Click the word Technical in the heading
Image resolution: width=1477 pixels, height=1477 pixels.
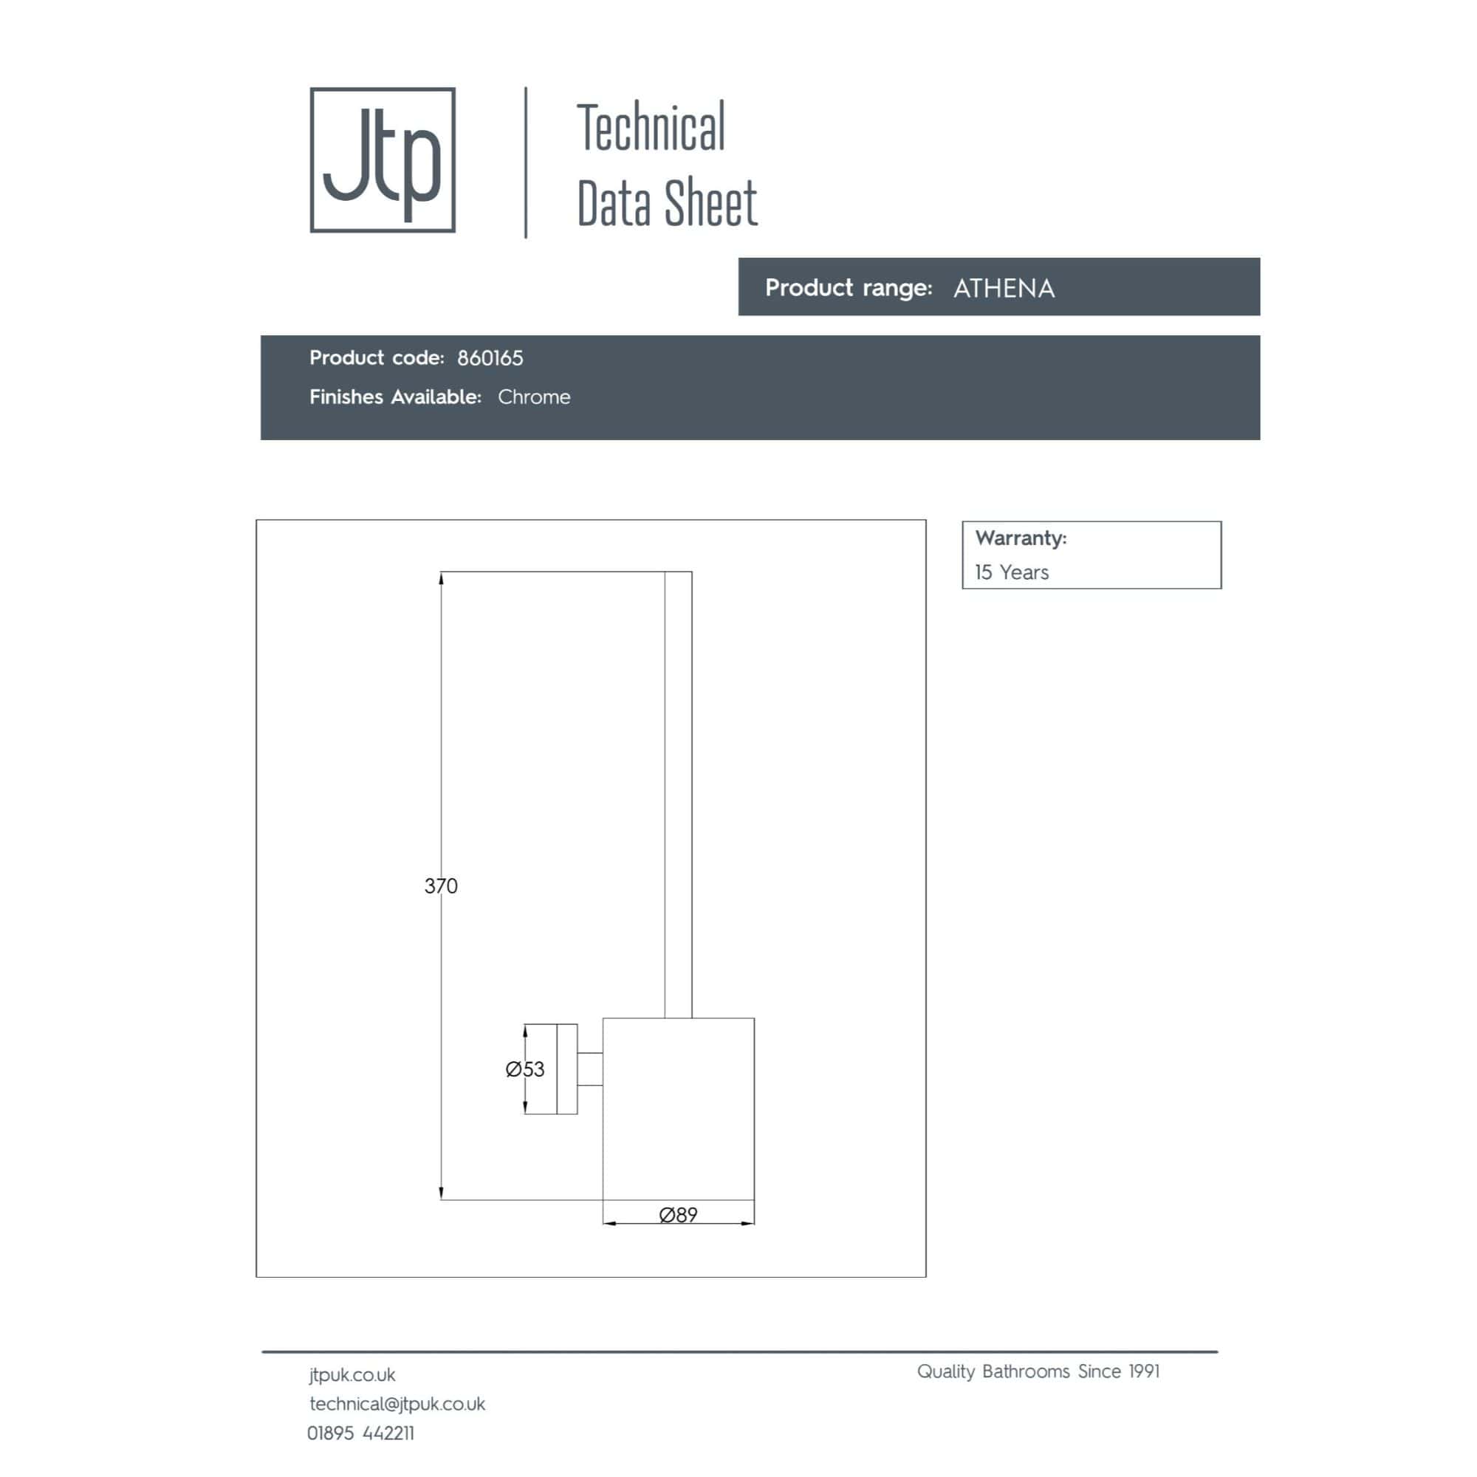[651, 128]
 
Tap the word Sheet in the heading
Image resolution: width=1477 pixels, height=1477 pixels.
[711, 203]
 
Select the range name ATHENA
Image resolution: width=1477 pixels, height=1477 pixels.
[1004, 288]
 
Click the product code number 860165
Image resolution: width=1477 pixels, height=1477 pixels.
[490, 357]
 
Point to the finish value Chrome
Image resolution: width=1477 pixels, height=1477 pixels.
[534, 397]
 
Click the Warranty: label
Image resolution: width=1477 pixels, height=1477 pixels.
[1021, 538]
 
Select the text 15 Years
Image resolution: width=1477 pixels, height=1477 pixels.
[1012, 572]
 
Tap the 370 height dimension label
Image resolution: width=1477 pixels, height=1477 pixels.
[441, 886]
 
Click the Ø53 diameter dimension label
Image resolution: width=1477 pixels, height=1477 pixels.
[525, 1069]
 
